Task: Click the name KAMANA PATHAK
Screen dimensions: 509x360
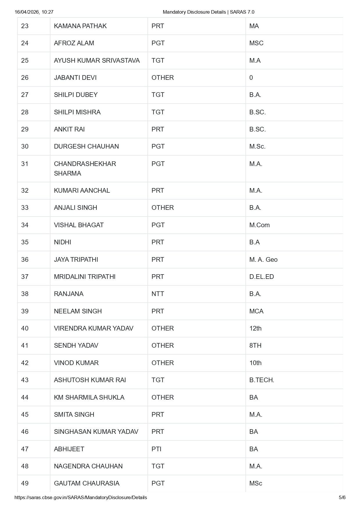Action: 80,26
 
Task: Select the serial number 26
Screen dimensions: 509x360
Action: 25,78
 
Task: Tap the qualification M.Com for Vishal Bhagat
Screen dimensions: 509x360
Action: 259,225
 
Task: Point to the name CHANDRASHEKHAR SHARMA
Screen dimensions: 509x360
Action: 85,169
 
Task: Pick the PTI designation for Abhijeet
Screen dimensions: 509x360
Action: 156,449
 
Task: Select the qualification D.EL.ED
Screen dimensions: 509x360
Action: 261,277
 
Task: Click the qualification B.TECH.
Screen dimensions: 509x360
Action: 262,380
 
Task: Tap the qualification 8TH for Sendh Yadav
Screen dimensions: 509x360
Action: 255,346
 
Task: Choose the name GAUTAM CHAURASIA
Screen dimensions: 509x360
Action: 87,483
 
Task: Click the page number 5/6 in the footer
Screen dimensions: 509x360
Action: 342,498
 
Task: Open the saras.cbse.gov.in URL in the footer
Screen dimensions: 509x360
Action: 81,498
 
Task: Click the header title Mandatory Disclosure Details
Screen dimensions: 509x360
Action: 194,12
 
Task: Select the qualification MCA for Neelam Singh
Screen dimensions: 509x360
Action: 256,311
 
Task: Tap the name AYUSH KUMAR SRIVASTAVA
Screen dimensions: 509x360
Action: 97,61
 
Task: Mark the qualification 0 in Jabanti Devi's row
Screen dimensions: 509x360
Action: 251,78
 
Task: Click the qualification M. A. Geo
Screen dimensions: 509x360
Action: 263,260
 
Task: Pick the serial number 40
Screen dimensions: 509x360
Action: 25,328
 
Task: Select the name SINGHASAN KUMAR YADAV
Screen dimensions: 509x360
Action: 96,432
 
